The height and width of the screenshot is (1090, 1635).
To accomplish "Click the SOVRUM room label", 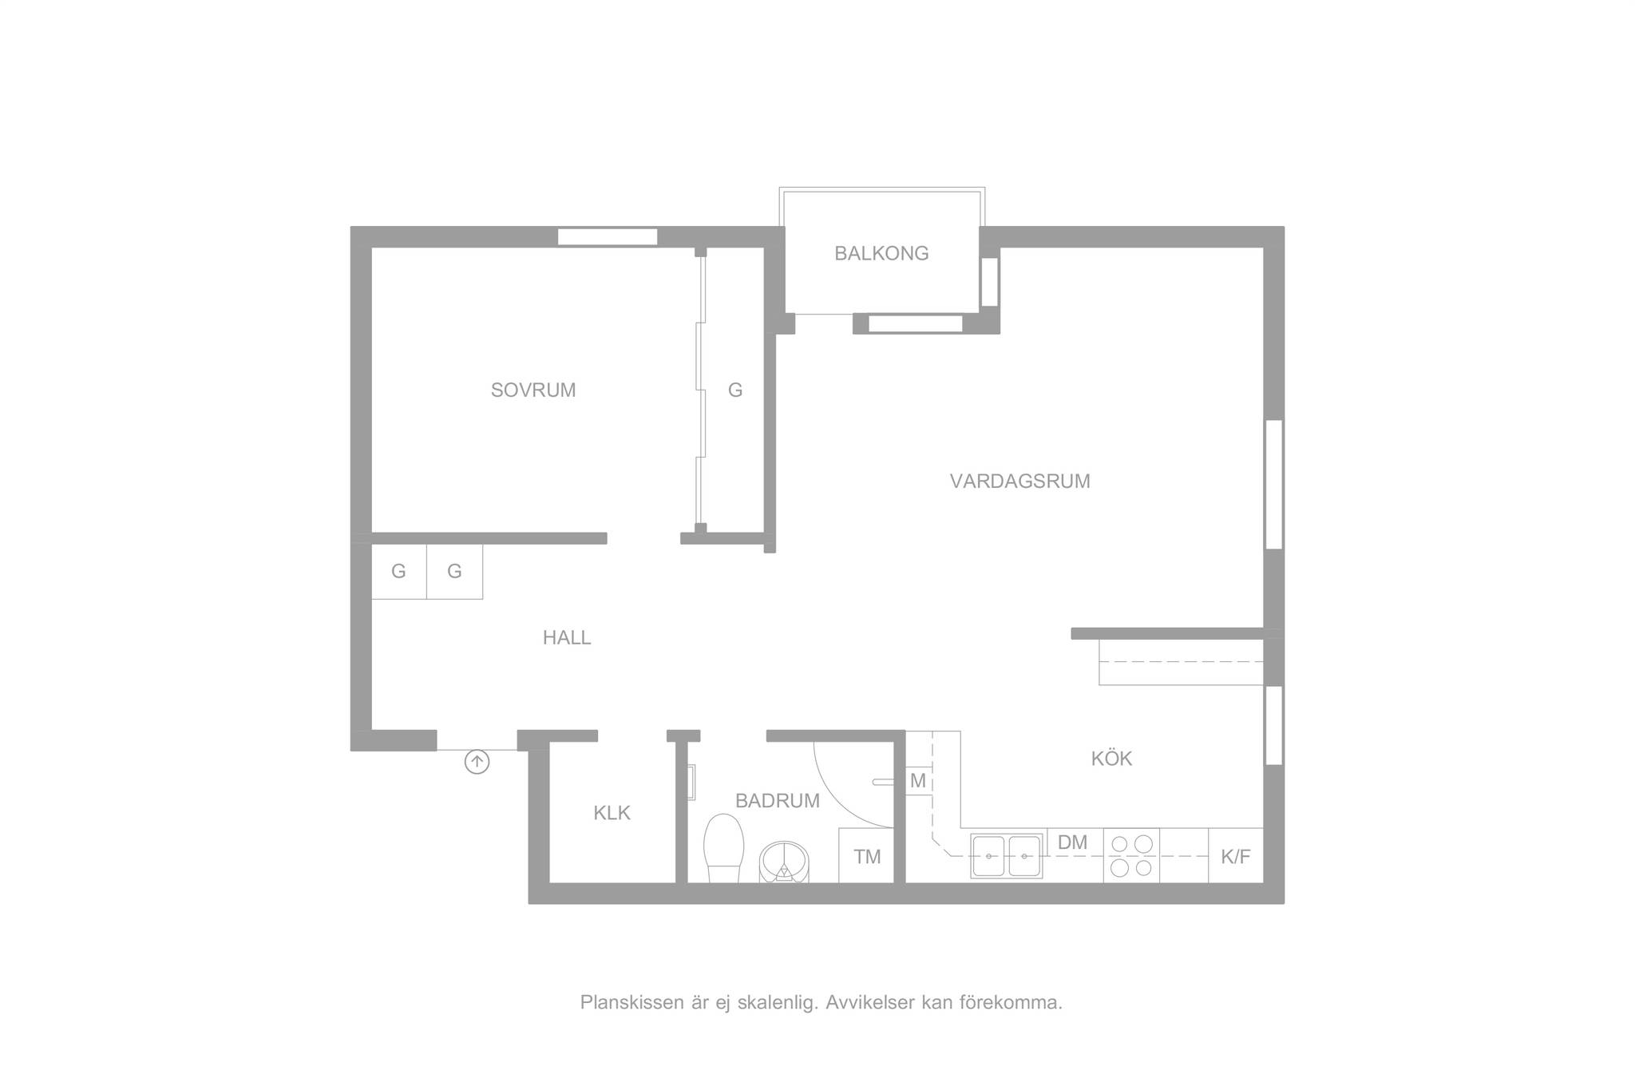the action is (533, 390).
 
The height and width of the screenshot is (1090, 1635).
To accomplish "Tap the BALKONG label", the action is (881, 253).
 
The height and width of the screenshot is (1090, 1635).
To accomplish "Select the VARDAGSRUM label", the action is (1019, 482).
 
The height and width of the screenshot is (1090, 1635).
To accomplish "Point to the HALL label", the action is (567, 637).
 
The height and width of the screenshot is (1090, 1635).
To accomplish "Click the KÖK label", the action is (1111, 758).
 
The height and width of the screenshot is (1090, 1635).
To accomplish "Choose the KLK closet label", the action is (612, 813).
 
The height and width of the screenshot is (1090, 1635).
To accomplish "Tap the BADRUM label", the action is (777, 800).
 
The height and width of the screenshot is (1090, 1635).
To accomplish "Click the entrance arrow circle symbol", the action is (477, 762).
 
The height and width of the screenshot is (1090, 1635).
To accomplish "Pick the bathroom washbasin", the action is (784, 862).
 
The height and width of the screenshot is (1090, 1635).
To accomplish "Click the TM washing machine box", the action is (866, 855).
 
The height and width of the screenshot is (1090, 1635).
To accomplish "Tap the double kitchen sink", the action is (1006, 856).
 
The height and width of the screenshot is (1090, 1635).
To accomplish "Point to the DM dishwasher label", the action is (1072, 842).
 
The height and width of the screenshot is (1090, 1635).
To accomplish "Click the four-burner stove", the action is (1131, 855).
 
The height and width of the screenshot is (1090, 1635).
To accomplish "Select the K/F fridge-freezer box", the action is (1236, 855).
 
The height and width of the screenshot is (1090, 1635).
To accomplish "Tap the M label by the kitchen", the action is (917, 781).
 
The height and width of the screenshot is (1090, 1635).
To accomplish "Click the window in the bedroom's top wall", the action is (608, 237).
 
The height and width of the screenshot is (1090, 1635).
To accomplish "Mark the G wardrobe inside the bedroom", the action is (735, 390).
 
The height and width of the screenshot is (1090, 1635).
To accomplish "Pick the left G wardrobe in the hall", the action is (399, 572).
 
